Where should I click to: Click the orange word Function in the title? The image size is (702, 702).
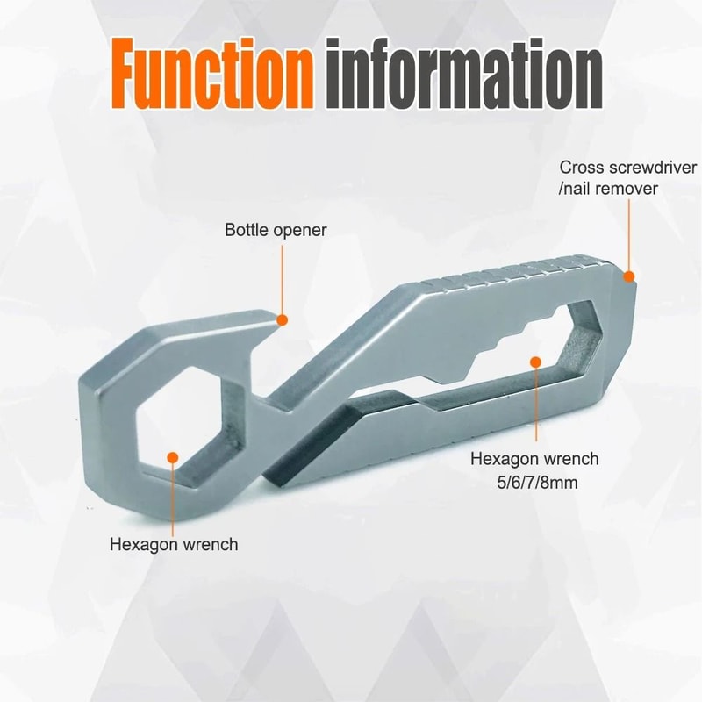click(x=211, y=73)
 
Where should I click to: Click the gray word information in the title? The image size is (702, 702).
click(x=463, y=73)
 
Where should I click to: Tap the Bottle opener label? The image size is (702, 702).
click(x=276, y=230)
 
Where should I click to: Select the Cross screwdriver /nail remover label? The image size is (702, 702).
click(x=627, y=178)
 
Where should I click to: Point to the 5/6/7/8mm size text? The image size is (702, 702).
click(x=537, y=483)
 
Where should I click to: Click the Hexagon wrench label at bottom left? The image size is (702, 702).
click(x=174, y=545)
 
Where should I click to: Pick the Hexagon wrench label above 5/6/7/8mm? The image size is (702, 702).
click(x=534, y=459)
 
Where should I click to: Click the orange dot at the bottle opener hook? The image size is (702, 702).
click(x=282, y=320)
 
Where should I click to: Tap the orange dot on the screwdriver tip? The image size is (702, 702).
click(x=629, y=276)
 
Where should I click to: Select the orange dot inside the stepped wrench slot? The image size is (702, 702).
click(x=535, y=362)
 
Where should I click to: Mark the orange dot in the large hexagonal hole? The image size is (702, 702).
click(x=173, y=457)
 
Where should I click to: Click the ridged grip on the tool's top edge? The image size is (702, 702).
click(x=515, y=272)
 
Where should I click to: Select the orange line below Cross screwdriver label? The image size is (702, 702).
click(x=629, y=235)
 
